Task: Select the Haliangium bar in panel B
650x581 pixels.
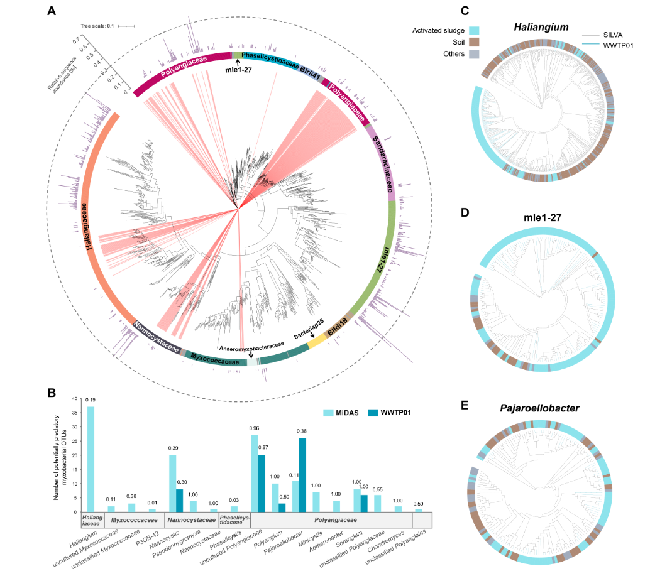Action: click(91, 459)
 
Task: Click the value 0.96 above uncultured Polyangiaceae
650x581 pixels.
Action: click(255, 428)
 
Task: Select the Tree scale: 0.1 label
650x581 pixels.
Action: click(97, 26)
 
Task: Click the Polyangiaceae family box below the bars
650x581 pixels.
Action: click(341, 520)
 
